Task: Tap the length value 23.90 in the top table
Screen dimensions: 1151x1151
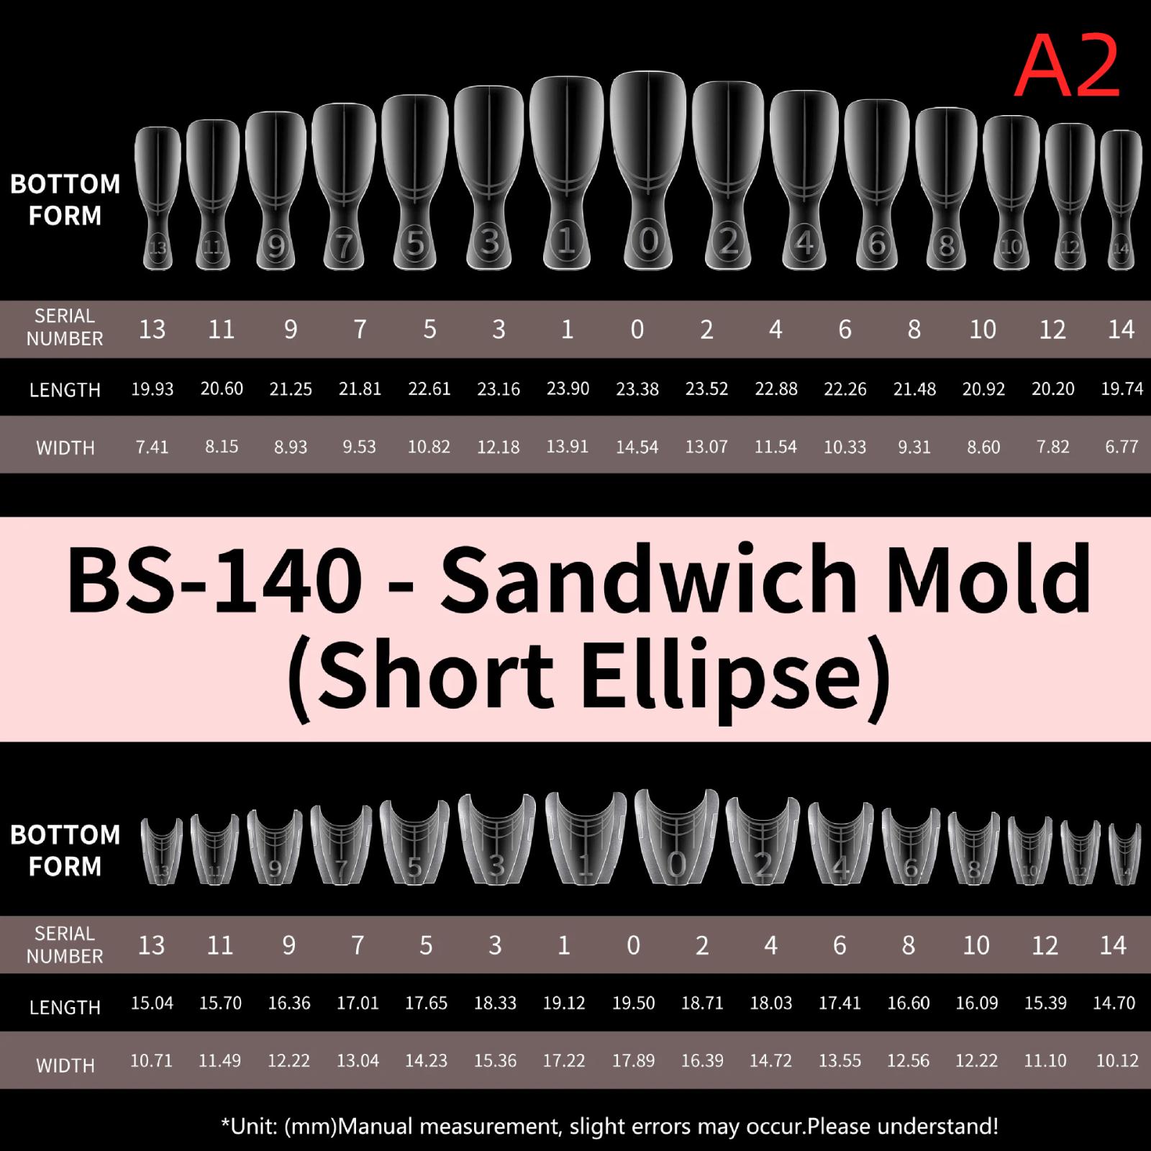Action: coord(568,388)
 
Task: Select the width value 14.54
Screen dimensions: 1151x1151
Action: coord(637,447)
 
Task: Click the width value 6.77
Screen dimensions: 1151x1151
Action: coord(1122,447)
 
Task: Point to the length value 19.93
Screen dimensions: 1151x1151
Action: coord(153,389)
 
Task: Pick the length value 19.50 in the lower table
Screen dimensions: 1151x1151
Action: coord(633,1003)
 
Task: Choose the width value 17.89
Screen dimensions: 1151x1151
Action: coord(633,1060)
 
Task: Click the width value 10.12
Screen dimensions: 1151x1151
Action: coord(1117,1060)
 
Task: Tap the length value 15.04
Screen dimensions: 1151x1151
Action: coord(152,1003)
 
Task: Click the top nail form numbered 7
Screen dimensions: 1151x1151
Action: coord(345,185)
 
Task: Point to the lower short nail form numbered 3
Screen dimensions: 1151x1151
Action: coord(496,839)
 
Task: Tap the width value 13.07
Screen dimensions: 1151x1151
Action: coord(706,447)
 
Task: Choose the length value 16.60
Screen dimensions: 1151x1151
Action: coord(909,1003)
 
